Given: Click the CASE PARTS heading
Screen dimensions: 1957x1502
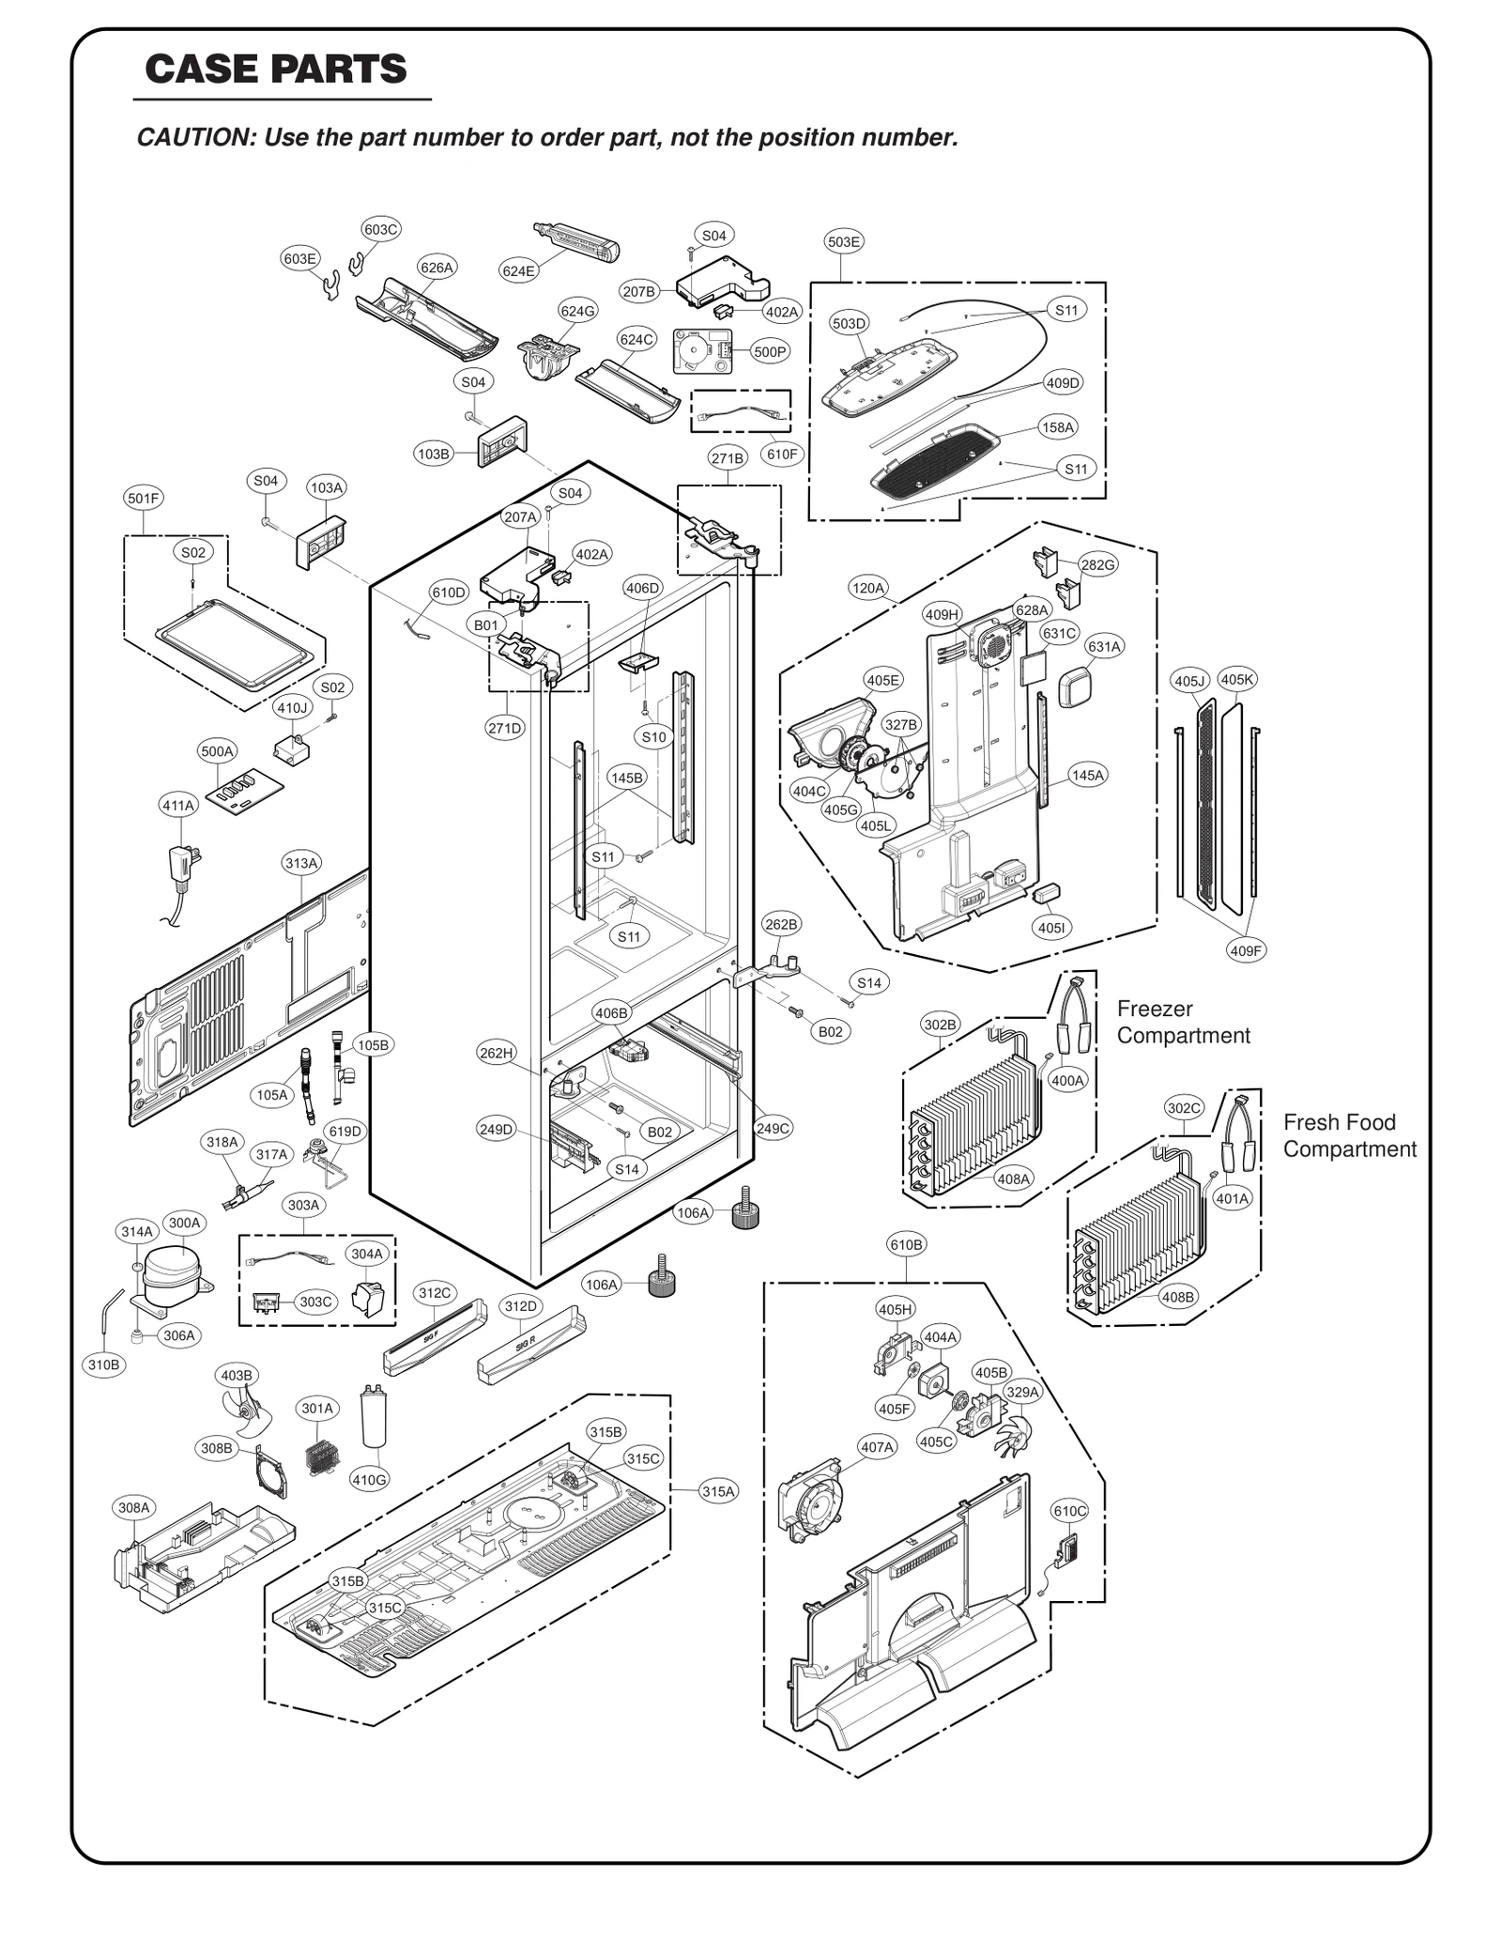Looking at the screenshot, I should coord(276,69).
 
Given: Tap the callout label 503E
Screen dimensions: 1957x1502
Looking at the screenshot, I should coord(843,241).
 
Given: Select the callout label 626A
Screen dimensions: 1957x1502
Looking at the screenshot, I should coord(437,268).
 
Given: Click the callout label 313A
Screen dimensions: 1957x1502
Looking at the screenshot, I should coord(301,863).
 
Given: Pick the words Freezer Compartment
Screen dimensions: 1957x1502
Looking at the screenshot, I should coord(1183,1022).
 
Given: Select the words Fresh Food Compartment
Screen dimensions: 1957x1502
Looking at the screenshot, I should coord(1349,1135).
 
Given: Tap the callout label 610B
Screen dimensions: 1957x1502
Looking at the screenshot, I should coord(906,1244).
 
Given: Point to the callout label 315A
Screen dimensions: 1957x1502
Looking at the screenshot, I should coord(718,1491).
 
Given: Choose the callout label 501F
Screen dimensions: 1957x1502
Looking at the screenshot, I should coord(144,499).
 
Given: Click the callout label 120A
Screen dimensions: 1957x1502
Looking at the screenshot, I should coord(867,589).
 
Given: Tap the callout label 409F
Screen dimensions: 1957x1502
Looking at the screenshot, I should coord(1247,950).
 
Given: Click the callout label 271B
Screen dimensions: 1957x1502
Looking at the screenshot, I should coord(728,458).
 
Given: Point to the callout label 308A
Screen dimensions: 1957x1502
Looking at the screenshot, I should coord(133,1508).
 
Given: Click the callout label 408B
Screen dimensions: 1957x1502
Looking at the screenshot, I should coord(1178,1297).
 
